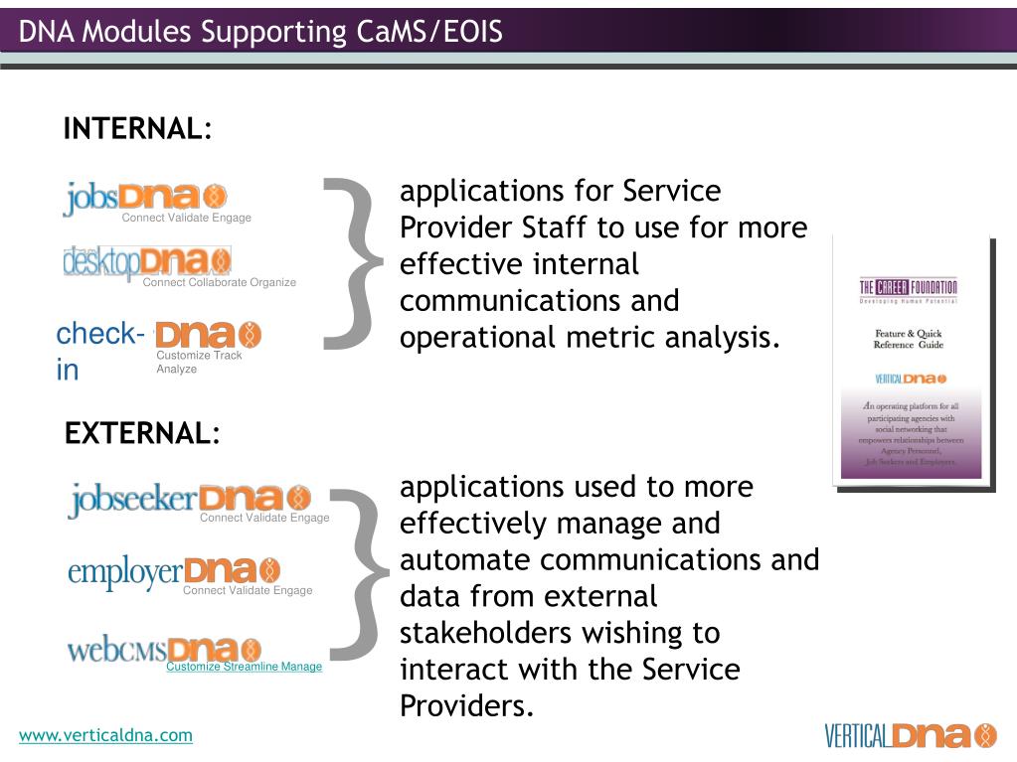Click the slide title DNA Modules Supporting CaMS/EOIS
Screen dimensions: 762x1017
pos(260,32)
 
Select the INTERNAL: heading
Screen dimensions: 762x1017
pos(137,129)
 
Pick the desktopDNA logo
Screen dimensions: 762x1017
pos(147,261)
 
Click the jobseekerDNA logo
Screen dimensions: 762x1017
pos(189,498)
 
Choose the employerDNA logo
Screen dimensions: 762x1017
pos(174,571)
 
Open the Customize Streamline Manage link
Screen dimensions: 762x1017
pos(244,667)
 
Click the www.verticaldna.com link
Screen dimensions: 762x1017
pos(105,735)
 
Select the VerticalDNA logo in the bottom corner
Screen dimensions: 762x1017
pos(910,735)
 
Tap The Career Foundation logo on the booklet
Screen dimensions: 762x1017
pos(908,289)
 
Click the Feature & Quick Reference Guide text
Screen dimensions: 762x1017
pos(908,339)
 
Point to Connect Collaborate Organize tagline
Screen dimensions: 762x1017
pos(219,282)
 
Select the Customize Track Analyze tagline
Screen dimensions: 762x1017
pos(199,362)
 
